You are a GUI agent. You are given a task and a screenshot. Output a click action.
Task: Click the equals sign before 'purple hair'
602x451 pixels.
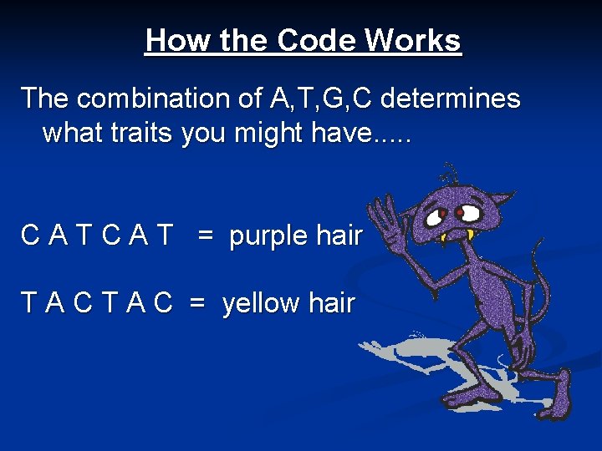206,236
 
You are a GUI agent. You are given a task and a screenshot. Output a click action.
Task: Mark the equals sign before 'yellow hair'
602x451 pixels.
197,303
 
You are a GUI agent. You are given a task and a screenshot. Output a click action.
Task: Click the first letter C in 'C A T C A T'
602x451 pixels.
30,236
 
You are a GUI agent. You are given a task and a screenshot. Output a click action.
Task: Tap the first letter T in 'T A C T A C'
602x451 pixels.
29,303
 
